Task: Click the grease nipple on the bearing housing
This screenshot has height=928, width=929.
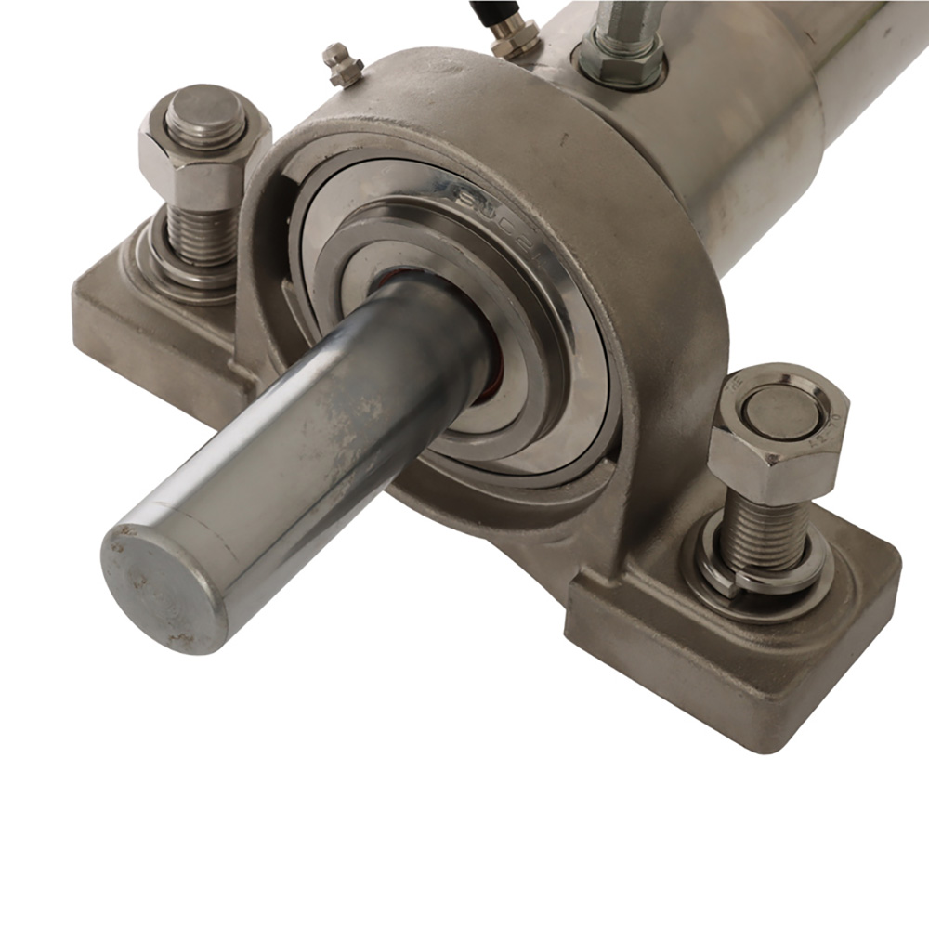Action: coord(341,65)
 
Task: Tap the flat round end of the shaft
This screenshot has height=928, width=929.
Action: coord(163,585)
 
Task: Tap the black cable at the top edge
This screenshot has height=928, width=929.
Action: coord(483,9)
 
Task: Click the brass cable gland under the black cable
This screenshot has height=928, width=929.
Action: coord(514,37)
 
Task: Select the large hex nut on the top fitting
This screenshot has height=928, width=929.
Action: coord(620,61)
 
